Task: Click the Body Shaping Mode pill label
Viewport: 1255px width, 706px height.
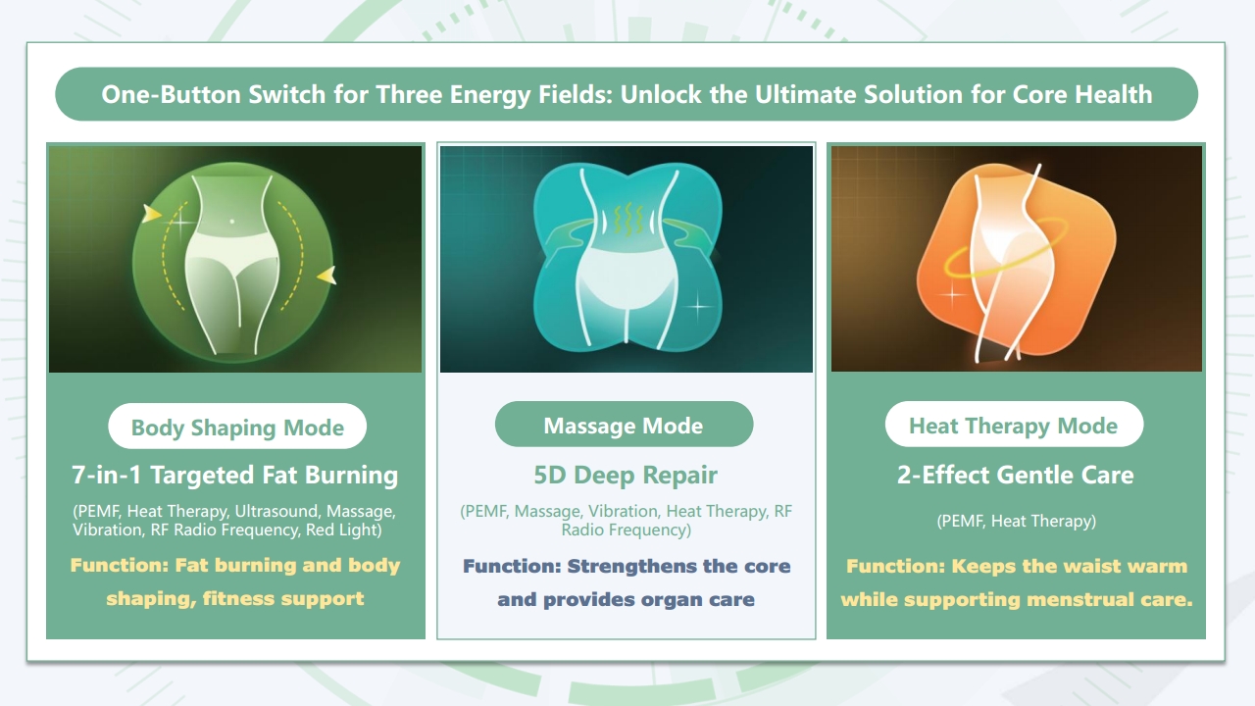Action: pos(237,428)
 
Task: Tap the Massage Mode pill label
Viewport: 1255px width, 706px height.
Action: pos(623,426)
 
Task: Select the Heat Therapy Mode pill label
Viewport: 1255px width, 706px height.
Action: pos(1013,426)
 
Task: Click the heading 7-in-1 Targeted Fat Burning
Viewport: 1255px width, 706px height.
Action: pos(235,476)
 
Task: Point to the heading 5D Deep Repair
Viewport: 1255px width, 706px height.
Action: pos(626,476)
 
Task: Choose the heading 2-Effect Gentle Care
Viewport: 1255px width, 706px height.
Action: pos(1015,476)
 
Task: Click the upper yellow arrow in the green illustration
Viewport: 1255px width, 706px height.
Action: pos(152,213)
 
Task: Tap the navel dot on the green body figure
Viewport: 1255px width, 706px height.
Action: pos(231,222)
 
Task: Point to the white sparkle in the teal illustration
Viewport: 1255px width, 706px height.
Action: pos(698,306)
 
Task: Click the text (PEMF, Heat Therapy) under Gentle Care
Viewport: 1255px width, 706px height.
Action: pos(1015,522)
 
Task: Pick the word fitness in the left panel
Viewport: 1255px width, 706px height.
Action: pos(237,597)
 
